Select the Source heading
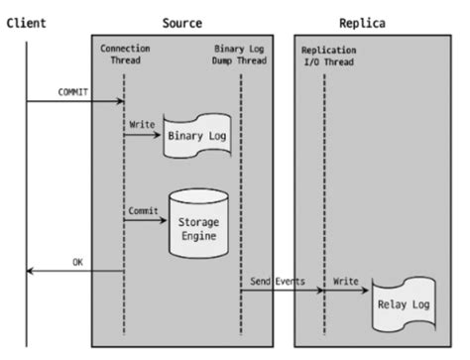tap(182, 22)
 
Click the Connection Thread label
tap(124, 55)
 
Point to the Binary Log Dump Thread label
tap(241, 55)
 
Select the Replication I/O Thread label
tap(325, 55)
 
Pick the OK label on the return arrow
tap(76, 262)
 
